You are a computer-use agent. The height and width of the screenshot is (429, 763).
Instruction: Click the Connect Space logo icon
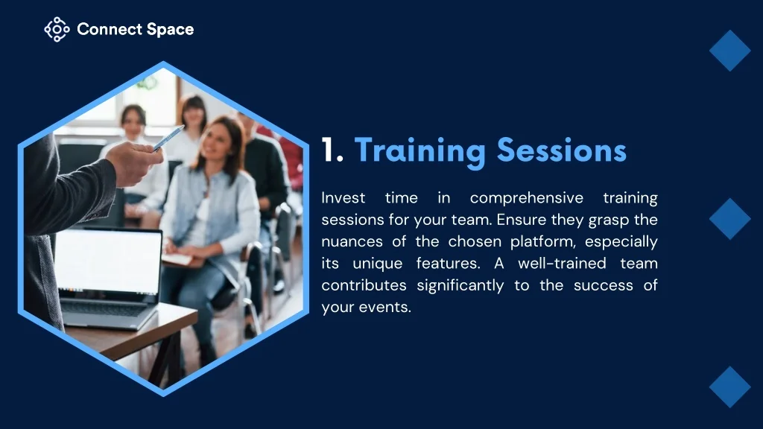57,29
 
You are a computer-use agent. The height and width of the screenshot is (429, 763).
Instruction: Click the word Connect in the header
109,29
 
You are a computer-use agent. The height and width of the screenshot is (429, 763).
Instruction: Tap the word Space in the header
171,30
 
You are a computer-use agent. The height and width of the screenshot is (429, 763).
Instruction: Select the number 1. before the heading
332,150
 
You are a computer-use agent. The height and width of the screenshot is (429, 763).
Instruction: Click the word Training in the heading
420,151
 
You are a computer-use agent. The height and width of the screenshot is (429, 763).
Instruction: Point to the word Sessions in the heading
562,150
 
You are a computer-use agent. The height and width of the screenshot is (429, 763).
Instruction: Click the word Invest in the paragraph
343,198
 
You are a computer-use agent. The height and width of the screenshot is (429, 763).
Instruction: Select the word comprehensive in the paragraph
527,198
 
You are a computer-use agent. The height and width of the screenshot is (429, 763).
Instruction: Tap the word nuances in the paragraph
352,242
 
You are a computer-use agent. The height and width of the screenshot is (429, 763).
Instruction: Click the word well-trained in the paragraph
562,263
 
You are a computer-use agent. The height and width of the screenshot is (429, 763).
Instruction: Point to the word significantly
460,285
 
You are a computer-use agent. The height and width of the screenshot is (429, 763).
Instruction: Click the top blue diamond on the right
730,51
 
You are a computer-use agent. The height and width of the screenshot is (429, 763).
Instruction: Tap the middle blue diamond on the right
730,219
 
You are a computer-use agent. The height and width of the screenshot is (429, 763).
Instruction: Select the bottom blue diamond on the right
730,387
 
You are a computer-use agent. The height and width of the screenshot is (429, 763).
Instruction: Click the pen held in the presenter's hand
168,138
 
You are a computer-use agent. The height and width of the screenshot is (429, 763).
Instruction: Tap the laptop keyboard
104,308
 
